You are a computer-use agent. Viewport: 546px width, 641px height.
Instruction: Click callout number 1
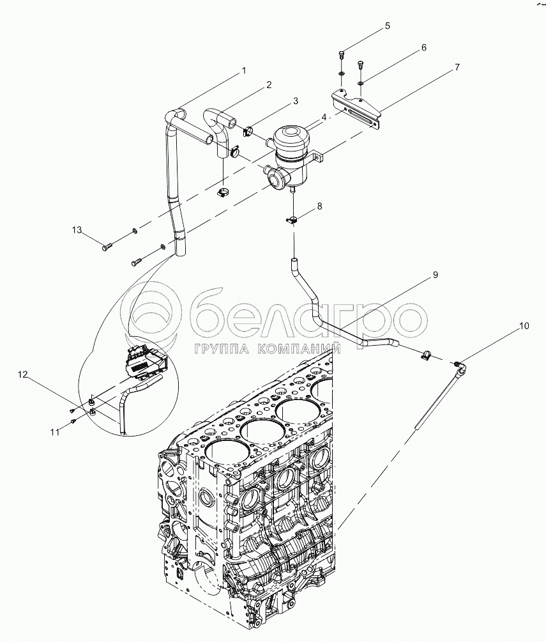(x=243, y=70)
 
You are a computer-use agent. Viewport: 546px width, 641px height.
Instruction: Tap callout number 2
(x=269, y=84)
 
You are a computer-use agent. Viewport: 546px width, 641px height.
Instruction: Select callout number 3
(x=296, y=100)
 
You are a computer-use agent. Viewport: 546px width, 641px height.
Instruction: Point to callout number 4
(x=324, y=118)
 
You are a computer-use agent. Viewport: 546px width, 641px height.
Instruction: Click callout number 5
(x=386, y=26)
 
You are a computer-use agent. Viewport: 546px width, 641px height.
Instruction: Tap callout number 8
(x=320, y=206)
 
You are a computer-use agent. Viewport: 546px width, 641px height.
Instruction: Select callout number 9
(x=434, y=275)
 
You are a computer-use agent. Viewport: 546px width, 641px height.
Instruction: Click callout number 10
(x=524, y=326)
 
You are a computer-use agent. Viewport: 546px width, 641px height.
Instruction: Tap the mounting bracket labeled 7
(x=358, y=109)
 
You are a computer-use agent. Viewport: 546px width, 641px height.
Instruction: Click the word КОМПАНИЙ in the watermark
(x=299, y=348)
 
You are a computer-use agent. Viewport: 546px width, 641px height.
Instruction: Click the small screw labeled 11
(x=73, y=421)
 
